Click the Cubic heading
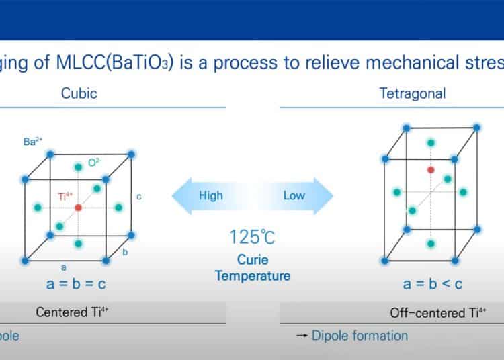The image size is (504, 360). [79, 93]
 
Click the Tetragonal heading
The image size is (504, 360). [412, 93]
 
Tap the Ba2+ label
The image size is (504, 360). [34, 142]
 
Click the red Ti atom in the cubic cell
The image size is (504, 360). [79, 208]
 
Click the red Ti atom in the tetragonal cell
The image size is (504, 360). [431, 170]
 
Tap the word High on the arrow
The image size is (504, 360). [210, 195]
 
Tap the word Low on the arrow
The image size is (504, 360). [294, 195]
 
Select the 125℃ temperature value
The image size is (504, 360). [253, 238]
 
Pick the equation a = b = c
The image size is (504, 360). [76, 283]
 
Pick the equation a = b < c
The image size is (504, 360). [433, 283]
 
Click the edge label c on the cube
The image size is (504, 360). [138, 197]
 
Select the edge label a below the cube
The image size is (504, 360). [64, 267]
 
